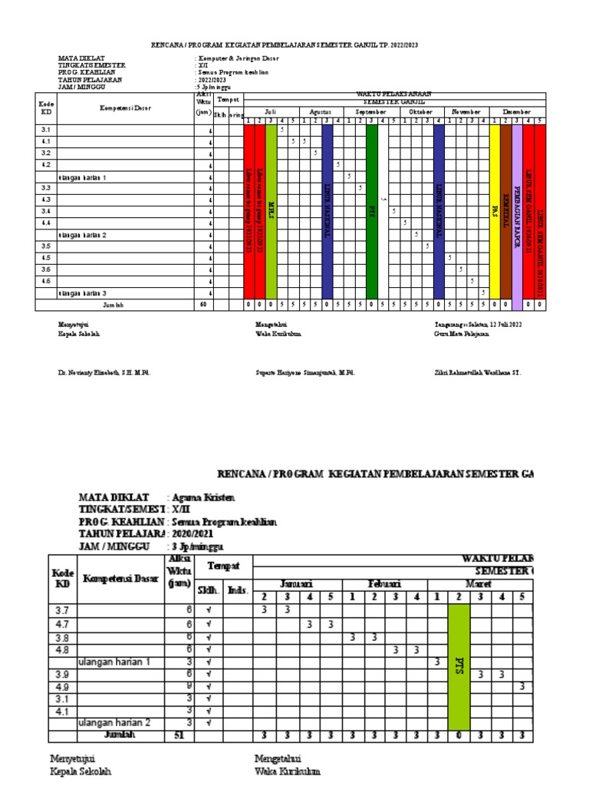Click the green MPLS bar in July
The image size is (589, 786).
click(x=271, y=211)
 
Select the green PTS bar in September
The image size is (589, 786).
click(x=372, y=211)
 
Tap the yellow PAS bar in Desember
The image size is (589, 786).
click(x=495, y=211)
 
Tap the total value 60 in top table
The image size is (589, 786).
click(x=203, y=305)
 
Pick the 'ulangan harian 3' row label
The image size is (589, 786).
click(x=82, y=293)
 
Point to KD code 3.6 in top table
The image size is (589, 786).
click(x=46, y=269)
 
